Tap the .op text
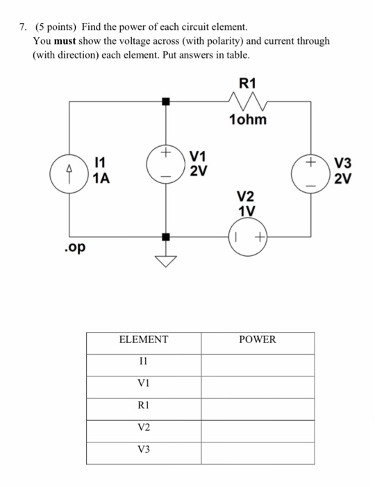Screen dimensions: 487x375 click(x=73, y=248)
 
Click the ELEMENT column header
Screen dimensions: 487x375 click(x=144, y=340)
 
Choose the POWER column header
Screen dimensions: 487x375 click(x=257, y=340)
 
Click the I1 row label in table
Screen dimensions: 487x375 click(x=144, y=361)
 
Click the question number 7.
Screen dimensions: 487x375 click(x=23, y=27)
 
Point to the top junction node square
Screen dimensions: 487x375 click(x=165, y=102)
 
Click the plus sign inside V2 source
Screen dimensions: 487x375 click(x=258, y=238)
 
